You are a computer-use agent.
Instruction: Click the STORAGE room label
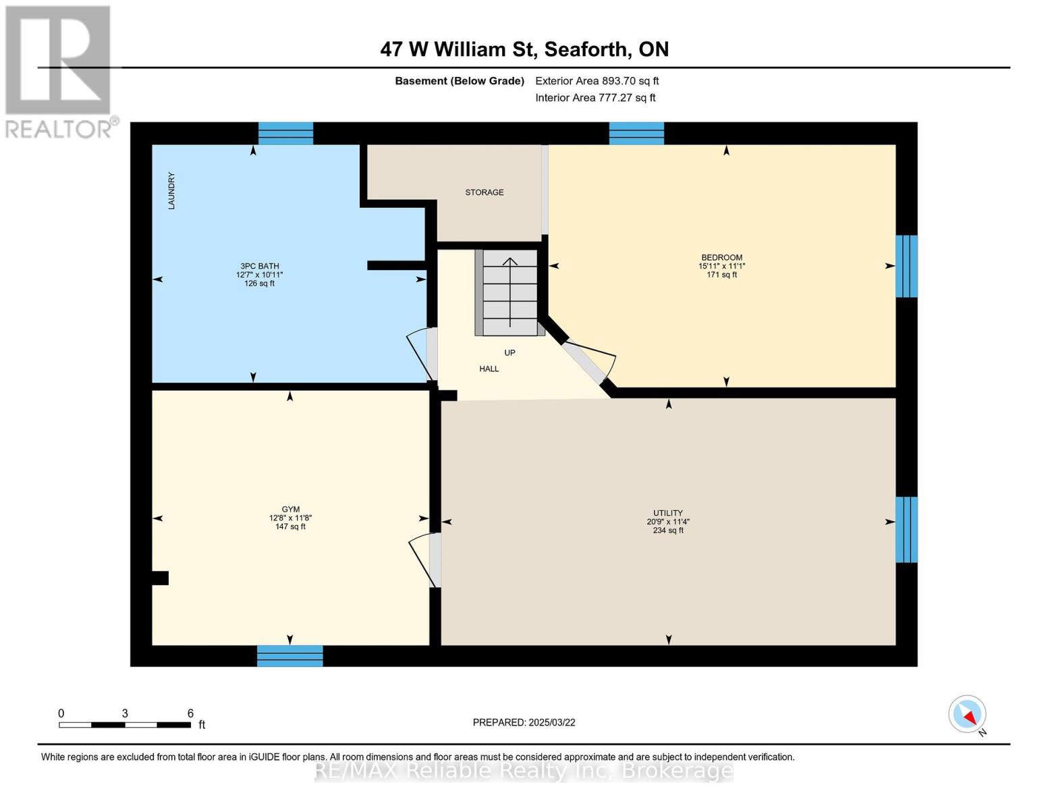(x=485, y=192)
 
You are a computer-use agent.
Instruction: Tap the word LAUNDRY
(x=171, y=190)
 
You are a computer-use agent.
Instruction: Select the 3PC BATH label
(x=259, y=266)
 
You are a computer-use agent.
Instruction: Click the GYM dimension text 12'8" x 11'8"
(x=290, y=518)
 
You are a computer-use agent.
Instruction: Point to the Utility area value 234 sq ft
(x=668, y=531)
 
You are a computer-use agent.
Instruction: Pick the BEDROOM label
(x=721, y=258)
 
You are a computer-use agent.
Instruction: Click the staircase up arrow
(x=509, y=292)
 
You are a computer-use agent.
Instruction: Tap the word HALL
(x=489, y=369)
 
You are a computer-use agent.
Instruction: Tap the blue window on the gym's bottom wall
(x=289, y=656)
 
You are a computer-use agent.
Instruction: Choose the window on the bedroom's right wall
(x=906, y=266)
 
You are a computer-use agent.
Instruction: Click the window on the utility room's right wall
(x=906, y=530)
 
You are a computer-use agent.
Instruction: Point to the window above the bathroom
(x=285, y=133)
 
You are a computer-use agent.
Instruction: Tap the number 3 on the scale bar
(x=125, y=713)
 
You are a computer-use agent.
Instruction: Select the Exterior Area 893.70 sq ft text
(x=597, y=81)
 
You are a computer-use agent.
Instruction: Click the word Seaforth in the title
(x=586, y=49)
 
